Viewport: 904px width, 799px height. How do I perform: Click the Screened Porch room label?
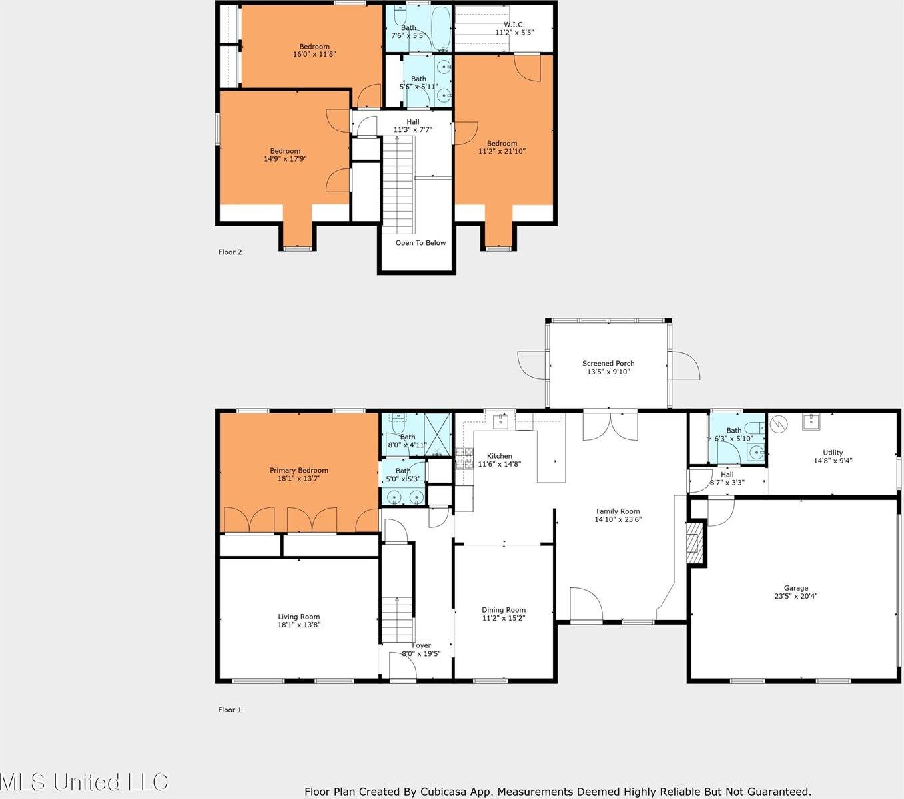[608, 363]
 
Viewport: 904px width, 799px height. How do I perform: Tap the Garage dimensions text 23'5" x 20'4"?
[796, 595]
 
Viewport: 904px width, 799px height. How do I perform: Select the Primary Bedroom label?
[299, 470]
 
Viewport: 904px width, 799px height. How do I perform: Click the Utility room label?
[833, 452]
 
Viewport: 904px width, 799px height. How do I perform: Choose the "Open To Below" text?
[421, 243]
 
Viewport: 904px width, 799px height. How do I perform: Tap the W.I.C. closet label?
[514, 25]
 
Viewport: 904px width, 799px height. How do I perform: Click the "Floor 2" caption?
[230, 252]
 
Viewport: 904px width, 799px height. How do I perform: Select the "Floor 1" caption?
[230, 710]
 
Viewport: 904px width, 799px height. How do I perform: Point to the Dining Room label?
[504, 610]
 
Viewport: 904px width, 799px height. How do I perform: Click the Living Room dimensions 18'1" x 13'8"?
[299, 625]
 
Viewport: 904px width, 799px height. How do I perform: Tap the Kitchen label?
[499, 456]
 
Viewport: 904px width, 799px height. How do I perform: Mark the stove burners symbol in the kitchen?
[464, 458]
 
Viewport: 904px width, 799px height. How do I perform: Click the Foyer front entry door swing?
[403, 665]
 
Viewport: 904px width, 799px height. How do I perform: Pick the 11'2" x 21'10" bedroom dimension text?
[502, 151]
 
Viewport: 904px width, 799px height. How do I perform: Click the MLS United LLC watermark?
[84, 782]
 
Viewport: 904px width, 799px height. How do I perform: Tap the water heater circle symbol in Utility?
[779, 423]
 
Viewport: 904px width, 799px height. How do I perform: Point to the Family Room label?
[618, 511]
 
